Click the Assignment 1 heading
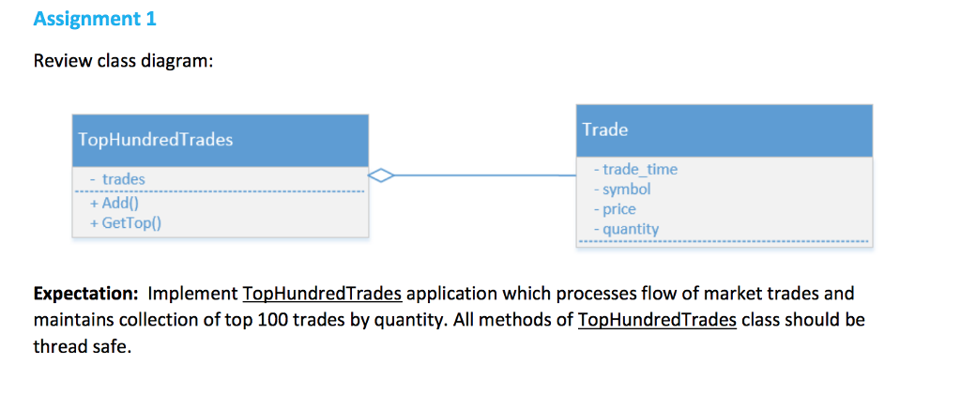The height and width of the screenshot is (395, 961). click(95, 19)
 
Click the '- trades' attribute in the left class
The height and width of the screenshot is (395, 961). click(119, 178)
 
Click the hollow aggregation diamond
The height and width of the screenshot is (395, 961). click(381, 175)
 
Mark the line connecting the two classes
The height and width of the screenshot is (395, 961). click(488, 175)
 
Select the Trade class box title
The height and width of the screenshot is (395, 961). click(605, 129)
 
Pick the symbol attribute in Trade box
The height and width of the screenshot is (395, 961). click(622, 189)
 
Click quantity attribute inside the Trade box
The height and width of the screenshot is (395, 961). click(626, 228)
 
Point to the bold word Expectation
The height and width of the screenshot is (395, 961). click(86, 294)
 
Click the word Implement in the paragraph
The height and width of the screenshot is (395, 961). click(192, 294)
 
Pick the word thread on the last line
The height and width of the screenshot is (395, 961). click(58, 348)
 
